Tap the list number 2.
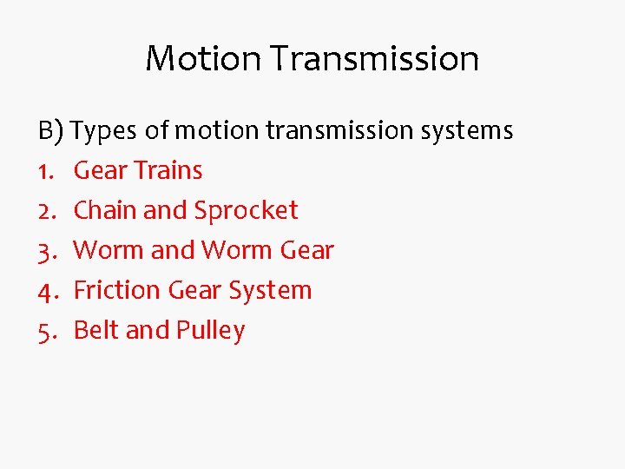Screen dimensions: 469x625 pos(46,211)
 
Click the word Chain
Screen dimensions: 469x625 pos(100,211)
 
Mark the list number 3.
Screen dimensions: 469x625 pos(46,251)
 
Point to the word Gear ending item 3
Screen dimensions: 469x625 pos(307,251)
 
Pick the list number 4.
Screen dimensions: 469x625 pos(46,291)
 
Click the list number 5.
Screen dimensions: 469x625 pos(46,331)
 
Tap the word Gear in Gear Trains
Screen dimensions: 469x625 pos(101,171)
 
